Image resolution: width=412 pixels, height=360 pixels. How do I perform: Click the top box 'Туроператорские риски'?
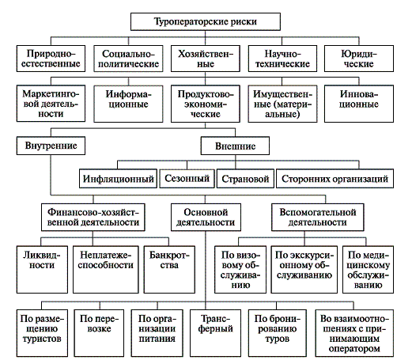click(206, 21)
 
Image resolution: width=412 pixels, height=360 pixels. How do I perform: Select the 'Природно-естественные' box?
click(51, 59)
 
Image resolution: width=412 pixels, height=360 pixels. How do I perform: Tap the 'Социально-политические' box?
click(128, 59)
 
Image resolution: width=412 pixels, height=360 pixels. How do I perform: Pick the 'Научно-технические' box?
click(282, 59)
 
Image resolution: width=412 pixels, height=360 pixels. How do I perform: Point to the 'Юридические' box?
click(359, 59)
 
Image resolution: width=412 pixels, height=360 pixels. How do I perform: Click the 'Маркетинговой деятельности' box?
click(51, 104)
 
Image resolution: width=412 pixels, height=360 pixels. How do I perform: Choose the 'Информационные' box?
click(128, 104)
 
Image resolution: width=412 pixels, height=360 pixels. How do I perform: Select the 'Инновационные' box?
click(359, 104)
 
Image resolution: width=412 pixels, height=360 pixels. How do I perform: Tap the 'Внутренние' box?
click(51, 146)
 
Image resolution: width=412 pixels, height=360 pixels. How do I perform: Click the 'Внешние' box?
click(235, 146)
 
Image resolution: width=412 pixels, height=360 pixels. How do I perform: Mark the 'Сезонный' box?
click(187, 179)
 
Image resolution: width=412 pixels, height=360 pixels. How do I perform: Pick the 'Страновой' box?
click(245, 179)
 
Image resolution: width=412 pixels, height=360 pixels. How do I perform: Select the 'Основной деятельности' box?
click(206, 218)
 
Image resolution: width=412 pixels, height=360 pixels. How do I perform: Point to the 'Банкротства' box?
click(169, 270)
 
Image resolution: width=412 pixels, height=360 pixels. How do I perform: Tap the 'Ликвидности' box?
click(42, 270)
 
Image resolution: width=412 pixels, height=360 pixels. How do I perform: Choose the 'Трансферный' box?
click(215, 333)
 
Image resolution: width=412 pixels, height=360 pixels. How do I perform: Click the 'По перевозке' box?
click(99, 333)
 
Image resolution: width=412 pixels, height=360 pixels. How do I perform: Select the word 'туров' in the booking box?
click(277, 339)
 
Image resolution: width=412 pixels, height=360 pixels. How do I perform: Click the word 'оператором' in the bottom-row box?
click(354, 349)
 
